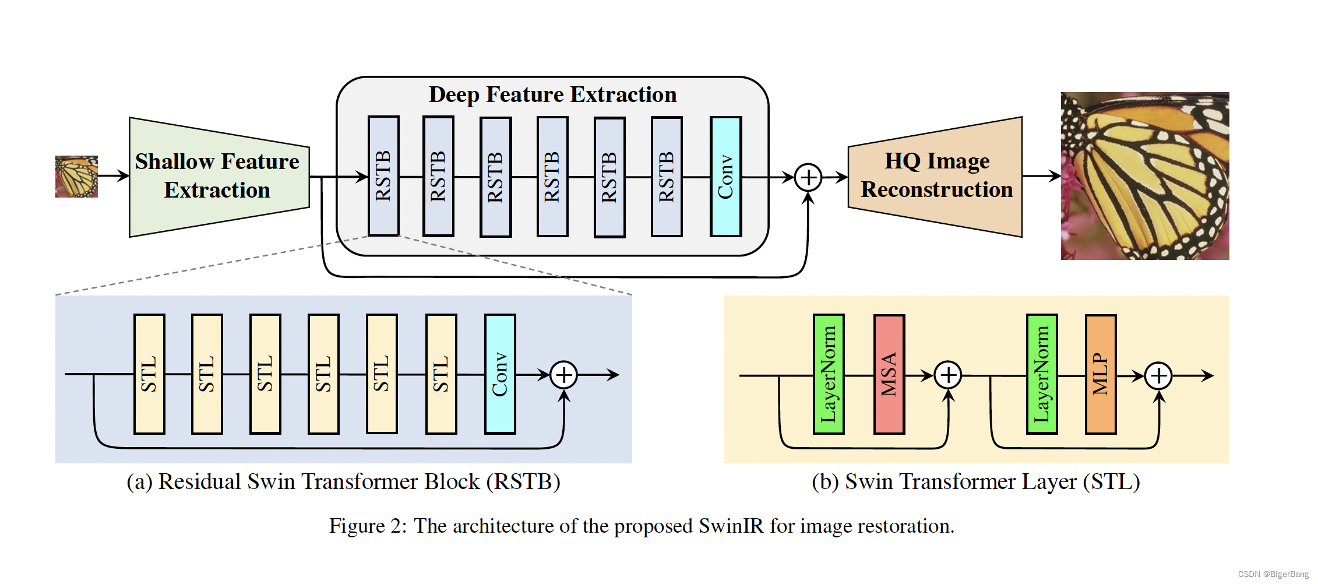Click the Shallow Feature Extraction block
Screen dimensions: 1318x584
219,177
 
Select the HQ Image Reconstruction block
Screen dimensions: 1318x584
935,177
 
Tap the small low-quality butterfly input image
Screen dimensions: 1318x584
76,177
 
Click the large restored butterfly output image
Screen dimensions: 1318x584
1145,176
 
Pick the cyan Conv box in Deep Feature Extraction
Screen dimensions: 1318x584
725,177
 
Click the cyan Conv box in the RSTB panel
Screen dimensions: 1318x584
500,374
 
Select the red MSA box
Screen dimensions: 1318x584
889,374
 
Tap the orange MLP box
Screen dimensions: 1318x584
1101,374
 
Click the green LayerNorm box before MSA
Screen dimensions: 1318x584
829,374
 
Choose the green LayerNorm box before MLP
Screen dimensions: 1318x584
1042,374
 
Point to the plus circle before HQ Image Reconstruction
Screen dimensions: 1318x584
808,177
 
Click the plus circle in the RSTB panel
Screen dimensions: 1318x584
563,375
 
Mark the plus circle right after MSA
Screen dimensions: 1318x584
948,375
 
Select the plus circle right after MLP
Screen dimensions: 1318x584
1158,375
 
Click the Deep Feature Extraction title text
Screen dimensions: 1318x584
553,95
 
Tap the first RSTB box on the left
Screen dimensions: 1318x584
383,176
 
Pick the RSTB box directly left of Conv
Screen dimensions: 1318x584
667,177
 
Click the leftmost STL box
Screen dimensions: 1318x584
149,374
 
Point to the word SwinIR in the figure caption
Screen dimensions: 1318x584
731,526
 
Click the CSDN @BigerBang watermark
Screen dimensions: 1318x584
1273,574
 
